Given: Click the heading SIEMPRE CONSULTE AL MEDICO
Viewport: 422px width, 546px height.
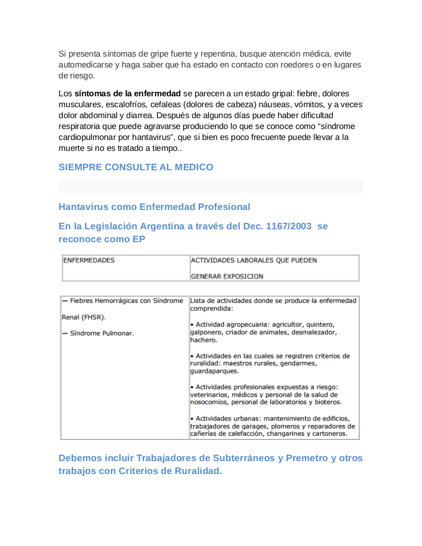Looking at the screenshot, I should tap(136, 167).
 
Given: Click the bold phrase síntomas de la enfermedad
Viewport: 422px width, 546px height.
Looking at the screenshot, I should tap(127, 94).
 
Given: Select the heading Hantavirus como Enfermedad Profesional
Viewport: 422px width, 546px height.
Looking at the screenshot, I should tap(154, 206).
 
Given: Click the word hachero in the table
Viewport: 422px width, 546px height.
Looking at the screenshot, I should tap(204, 340).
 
